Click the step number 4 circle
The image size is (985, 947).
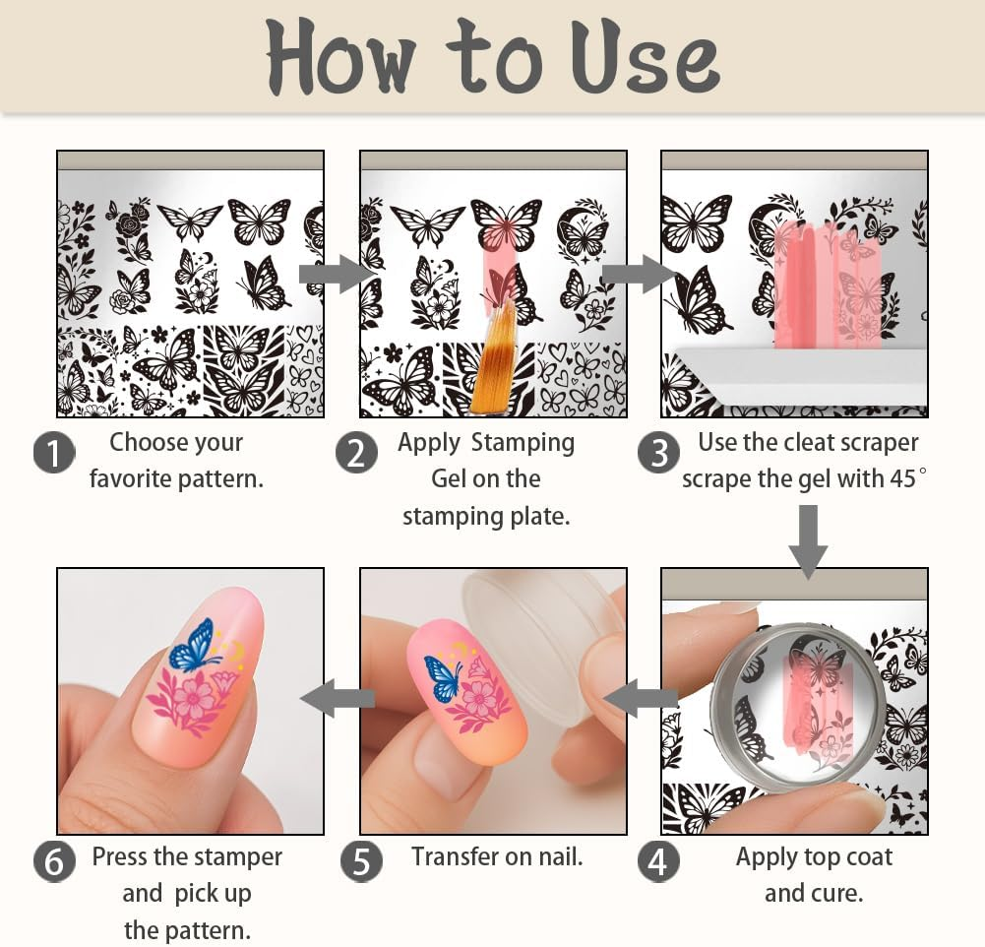pos(658,861)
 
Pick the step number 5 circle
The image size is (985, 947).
pos(361,861)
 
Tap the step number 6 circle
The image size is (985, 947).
pos(54,861)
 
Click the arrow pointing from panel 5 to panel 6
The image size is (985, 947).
pos(339,699)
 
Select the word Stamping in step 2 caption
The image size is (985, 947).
pos(523,443)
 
